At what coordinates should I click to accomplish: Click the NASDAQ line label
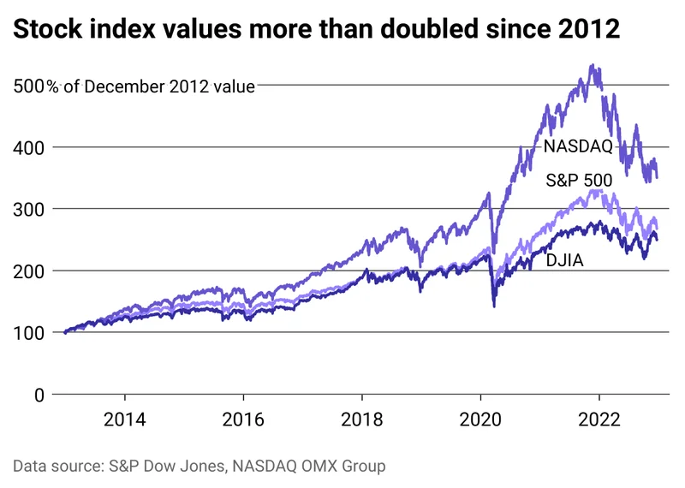point(578,146)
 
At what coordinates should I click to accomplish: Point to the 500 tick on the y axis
point(28,86)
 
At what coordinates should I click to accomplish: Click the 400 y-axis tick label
point(28,147)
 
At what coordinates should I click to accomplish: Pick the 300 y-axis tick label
point(28,209)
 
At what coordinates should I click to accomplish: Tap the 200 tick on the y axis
point(28,271)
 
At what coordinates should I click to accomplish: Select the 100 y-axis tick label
point(28,333)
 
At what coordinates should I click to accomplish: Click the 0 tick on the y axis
point(39,395)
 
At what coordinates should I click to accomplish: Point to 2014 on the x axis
point(125,421)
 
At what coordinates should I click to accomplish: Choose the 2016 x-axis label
point(244,421)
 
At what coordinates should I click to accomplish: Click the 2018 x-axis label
point(362,421)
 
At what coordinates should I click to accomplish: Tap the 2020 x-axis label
point(480,421)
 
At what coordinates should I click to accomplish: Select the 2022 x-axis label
point(599,421)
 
